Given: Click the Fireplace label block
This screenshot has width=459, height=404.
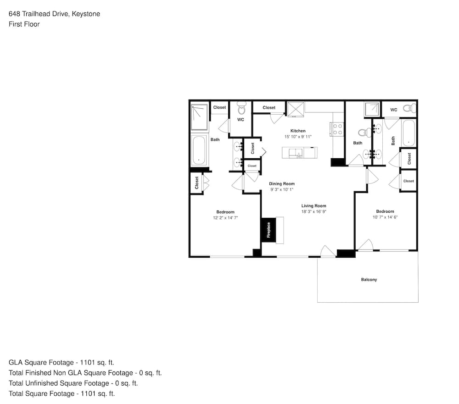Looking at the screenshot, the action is click(269, 230).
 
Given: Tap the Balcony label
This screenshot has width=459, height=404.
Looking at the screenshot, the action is click(369, 280).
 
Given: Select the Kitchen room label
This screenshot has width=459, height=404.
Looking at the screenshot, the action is click(298, 131).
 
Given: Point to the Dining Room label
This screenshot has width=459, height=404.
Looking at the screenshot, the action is click(282, 184).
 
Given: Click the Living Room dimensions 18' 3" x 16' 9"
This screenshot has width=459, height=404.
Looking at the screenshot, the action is click(314, 211).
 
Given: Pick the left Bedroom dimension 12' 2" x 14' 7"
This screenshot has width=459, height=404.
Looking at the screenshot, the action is click(225, 218).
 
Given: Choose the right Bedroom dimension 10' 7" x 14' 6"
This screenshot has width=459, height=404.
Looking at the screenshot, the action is click(385, 217).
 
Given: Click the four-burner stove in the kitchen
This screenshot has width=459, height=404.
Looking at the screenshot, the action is click(337, 129).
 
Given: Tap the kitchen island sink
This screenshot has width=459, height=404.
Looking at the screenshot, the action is click(296, 153).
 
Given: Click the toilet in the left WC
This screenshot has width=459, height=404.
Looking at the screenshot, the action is click(241, 108).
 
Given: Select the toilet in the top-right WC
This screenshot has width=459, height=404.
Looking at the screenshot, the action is click(409, 108).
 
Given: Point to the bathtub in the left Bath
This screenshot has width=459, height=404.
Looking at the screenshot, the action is click(199, 150).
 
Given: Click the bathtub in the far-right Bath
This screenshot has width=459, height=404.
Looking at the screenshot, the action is click(409, 133).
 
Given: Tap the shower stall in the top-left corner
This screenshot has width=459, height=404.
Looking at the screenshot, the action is click(199, 117).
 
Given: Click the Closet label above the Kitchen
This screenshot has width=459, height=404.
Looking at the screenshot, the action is click(269, 108).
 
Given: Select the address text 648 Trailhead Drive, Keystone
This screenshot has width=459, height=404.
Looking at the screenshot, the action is click(55, 14).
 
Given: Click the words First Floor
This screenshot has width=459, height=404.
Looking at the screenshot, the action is click(24, 24).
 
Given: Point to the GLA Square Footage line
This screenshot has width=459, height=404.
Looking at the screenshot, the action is click(61, 362).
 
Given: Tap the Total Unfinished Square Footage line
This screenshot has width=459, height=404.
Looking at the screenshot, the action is click(73, 383).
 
